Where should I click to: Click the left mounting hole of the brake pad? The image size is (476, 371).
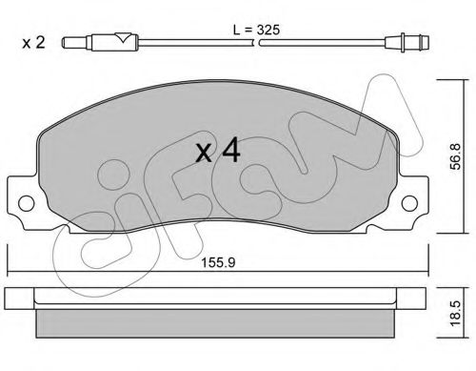29,203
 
